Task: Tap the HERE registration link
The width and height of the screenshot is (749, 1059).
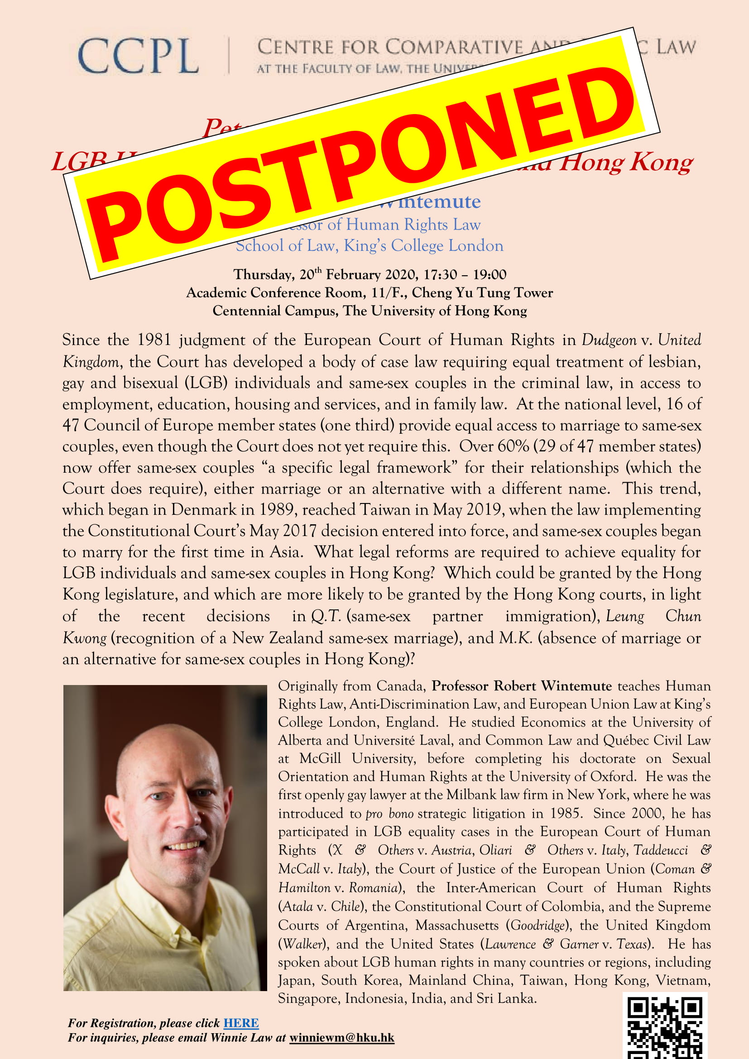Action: click(x=241, y=1023)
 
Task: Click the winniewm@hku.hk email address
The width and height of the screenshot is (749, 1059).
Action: click(x=342, y=1038)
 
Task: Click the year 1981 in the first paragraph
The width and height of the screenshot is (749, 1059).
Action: click(x=154, y=340)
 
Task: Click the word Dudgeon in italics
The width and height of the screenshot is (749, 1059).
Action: click(x=609, y=340)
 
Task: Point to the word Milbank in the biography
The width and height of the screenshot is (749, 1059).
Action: click(x=471, y=795)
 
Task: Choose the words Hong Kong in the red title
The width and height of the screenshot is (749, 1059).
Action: click(x=626, y=163)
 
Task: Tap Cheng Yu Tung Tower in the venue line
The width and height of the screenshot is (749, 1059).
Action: click(x=482, y=293)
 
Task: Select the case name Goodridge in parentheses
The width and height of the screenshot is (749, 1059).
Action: click(x=538, y=925)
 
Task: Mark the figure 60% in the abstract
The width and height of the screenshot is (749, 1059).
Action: click(x=514, y=446)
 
